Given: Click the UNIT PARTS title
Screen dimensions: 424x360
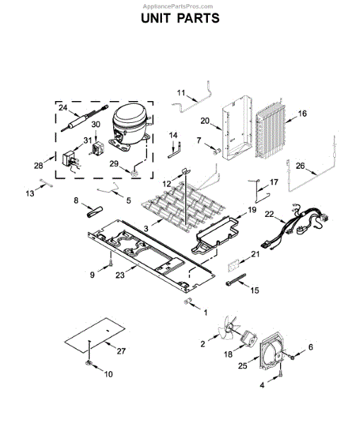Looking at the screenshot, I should (x=180, y=18).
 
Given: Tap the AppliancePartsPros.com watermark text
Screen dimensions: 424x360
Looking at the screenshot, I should (x=180, y=4).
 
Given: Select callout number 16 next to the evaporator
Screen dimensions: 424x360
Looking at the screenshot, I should (x=302, y=113).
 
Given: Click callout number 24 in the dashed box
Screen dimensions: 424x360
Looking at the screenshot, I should (x=62, y=108).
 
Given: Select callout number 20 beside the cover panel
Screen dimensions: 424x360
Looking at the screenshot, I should (x=204, y=120).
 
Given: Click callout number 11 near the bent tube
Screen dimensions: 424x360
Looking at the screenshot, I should (x=180, y=93).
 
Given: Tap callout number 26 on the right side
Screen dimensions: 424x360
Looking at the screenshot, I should (x=300, y=167).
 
